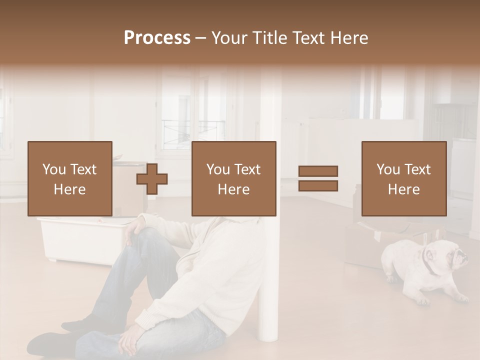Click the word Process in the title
[157, 38]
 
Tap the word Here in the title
[348, 38]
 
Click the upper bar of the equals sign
[318, 171]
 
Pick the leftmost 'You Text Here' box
[69, 178]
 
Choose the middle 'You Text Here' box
[233, 178]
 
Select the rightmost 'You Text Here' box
[403, 178]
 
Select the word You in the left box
[54, 169]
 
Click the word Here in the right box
[403, 189]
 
